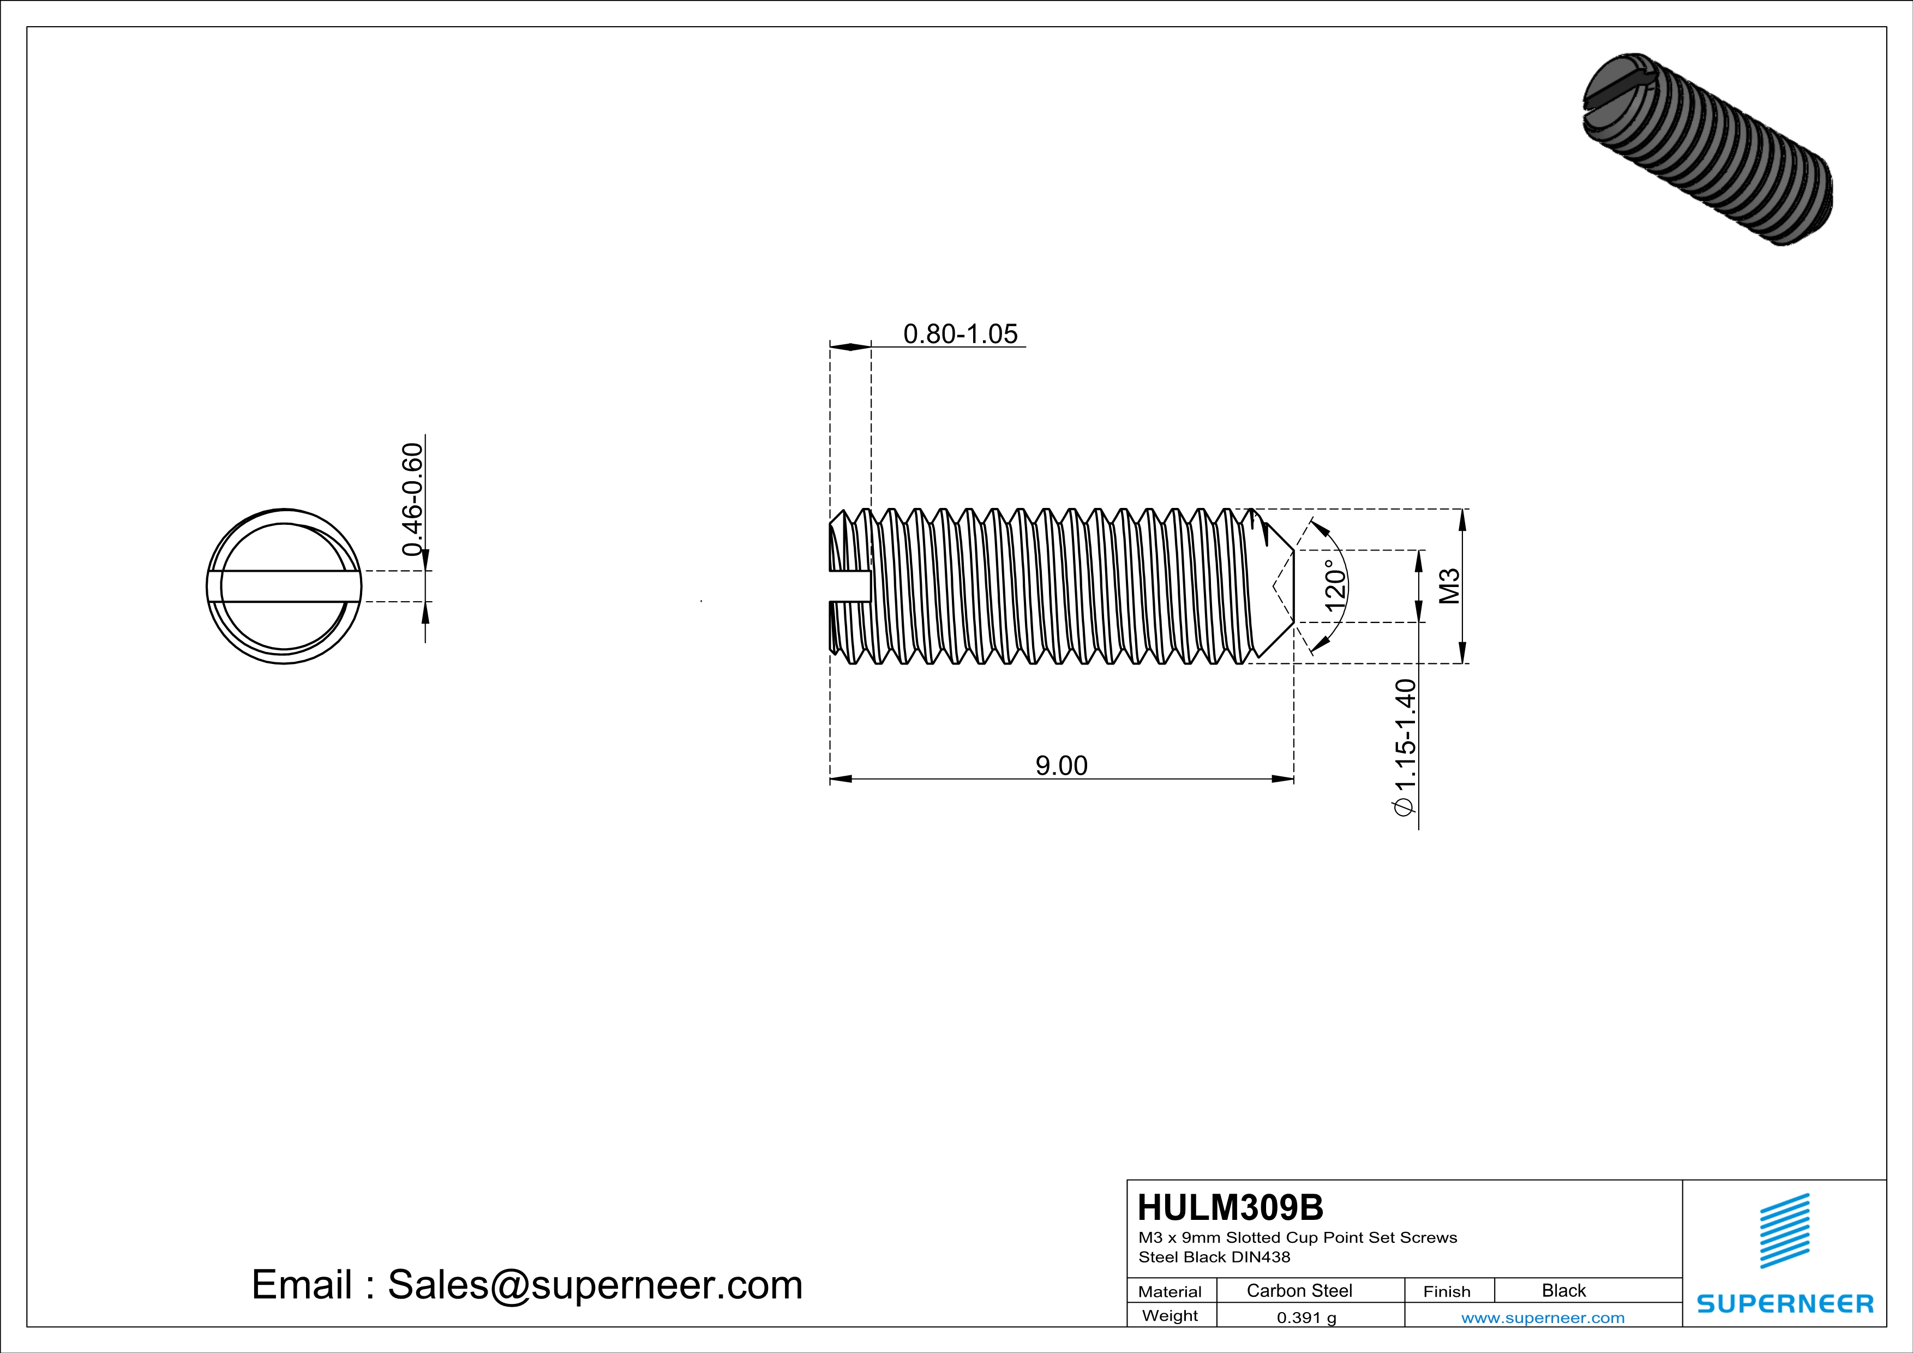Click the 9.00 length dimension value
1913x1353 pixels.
coord(1060,765)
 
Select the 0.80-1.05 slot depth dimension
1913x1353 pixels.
coord(960,334)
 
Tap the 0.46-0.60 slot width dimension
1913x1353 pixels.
coord(412,500)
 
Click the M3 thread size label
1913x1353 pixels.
coord(1450,586)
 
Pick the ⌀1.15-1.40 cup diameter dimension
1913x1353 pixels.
coord(1405,748)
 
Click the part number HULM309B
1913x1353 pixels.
coord(1230,1207)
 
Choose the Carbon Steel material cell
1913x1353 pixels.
coord(1299,1290)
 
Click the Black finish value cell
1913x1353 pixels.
coord(1563,1290)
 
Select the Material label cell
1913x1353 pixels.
coord(1170,1291)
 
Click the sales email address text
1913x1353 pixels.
coord(526,1285)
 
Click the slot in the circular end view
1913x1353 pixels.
coord(283,586)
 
